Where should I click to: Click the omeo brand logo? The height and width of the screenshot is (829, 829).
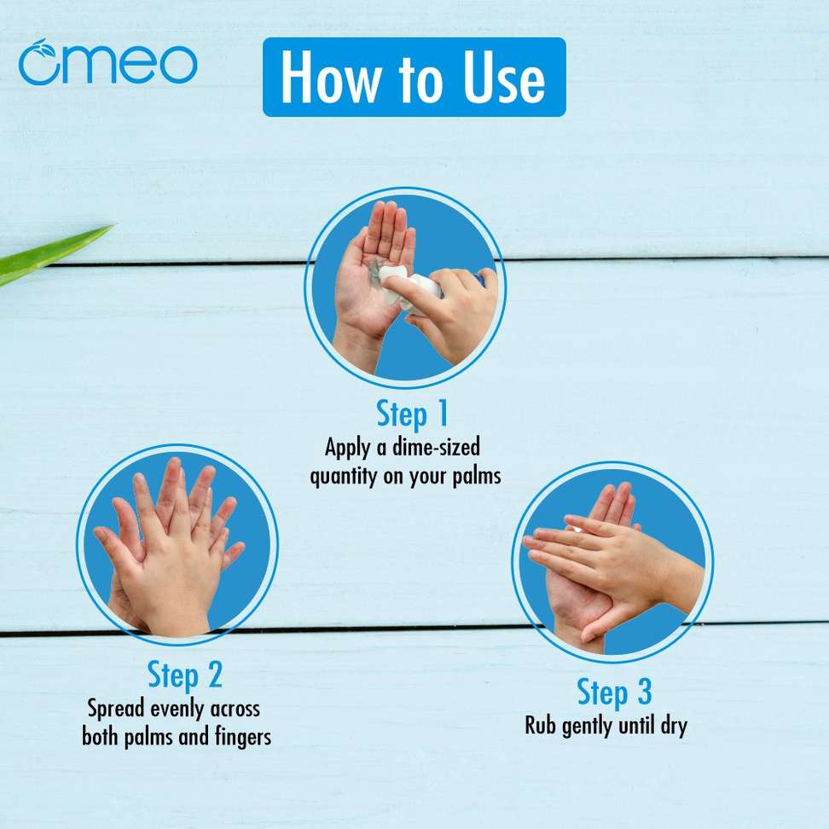click(107, 62)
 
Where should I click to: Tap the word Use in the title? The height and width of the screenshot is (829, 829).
click(504, 78)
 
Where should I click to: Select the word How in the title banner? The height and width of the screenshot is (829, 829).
click(330, 78)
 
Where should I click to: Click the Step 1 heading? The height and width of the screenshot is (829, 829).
click(413, 414)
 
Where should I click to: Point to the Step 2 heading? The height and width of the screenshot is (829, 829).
click(184, 675)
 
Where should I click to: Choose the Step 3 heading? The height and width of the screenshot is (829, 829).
click(614, 692)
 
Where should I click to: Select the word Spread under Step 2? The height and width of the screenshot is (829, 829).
click(116, 709)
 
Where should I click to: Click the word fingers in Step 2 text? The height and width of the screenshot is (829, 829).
click(243, 737)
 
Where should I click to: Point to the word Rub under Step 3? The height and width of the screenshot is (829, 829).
click(541, 725)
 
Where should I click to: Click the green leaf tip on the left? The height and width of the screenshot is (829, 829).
click(111, 226)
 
